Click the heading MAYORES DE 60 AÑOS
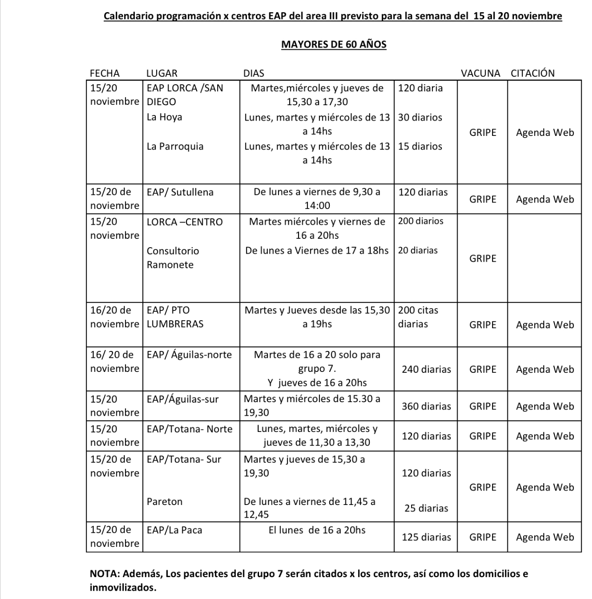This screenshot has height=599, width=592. pos(333,44)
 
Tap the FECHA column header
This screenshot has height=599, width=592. pos(105,73)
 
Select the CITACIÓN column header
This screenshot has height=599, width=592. pos(532,73)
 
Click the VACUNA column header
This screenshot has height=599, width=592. pos(480,73)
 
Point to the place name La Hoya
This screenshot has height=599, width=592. pos(164,117)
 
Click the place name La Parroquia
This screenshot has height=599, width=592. pos(175,146)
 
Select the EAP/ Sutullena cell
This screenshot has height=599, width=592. pos(180,192)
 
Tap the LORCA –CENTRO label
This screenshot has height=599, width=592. pos(185,222)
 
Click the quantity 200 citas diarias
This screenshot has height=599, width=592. pos(418,317)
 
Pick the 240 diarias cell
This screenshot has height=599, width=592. pos(426,369)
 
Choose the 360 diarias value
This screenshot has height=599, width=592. pos(426,406)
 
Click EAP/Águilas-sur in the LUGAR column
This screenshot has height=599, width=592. pos(182,399)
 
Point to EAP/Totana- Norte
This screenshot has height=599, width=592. pos(189,429)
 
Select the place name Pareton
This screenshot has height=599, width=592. pos(165,501)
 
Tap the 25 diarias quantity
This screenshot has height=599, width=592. pos(426,508)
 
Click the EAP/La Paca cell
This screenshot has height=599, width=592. pos(174,530)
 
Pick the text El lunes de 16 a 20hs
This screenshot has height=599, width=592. pos(317,530)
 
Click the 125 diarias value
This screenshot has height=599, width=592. pos(426,537)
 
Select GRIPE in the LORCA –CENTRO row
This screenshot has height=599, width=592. pos(483,258)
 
